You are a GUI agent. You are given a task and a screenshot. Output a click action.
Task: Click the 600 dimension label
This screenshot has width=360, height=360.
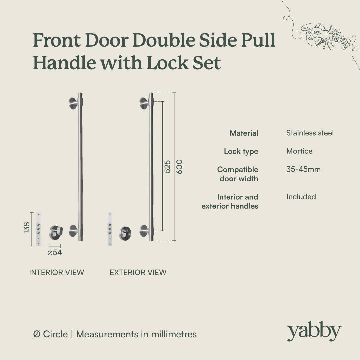tap(180, 167)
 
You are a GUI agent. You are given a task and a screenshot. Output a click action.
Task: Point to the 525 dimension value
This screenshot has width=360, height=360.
tap(168, 167)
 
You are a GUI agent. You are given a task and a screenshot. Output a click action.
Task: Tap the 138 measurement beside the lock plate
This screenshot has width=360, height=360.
tap(27, 228)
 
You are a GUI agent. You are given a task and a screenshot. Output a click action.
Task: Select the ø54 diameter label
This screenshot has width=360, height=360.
tap(55, 253)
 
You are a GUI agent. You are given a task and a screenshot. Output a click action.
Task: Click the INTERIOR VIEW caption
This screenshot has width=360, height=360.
tap(56, 272)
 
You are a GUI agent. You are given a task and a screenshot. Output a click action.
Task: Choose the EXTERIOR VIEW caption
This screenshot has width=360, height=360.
tap(138, 272)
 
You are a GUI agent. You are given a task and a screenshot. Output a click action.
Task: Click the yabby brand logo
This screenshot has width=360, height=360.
tap(314, 331)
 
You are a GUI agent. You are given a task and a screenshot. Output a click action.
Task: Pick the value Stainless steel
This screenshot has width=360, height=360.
tap(310, 133)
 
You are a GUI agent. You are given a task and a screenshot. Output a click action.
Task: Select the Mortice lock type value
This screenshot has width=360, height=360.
tap(299, 151)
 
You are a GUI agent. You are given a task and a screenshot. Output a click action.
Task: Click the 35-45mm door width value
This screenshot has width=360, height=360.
tap(303, 169)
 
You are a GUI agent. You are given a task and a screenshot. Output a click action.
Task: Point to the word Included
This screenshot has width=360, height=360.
tap(301, 197)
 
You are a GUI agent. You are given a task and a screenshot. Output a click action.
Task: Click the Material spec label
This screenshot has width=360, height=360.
tap(244, 133)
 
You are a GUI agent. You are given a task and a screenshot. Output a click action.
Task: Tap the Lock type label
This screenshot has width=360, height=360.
tap(241, 151)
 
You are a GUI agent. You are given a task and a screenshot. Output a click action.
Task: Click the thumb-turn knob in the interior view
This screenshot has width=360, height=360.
tap(56, 232)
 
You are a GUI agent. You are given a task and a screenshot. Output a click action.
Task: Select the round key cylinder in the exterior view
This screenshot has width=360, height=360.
tap(125, 233)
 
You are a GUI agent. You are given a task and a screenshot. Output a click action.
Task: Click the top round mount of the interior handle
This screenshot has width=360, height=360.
tap(73, 104)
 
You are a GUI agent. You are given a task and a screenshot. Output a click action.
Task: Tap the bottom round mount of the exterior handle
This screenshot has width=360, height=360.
tap(144, 231)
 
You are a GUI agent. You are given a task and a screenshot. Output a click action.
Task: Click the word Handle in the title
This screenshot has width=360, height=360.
tap(65, 62)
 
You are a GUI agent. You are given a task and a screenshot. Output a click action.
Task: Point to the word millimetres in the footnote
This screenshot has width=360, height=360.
tap(174, 334)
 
